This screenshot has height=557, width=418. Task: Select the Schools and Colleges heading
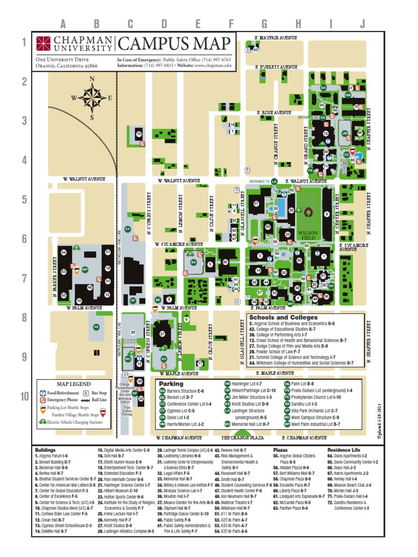point(282,317)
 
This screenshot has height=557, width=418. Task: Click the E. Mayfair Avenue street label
point(276,38)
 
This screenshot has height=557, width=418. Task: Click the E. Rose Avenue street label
point(274,113)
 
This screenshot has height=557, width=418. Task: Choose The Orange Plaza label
point(242,437)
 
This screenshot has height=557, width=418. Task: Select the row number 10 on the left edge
point(25,397)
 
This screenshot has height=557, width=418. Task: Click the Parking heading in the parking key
point(171,384)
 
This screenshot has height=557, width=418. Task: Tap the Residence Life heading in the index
point(343,450)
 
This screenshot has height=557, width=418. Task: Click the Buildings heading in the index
point(45,450)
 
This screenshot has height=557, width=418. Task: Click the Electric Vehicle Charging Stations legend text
point(75,422)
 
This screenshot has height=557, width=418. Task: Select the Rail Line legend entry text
point(100,399)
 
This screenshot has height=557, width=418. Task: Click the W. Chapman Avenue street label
point(179,437)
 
